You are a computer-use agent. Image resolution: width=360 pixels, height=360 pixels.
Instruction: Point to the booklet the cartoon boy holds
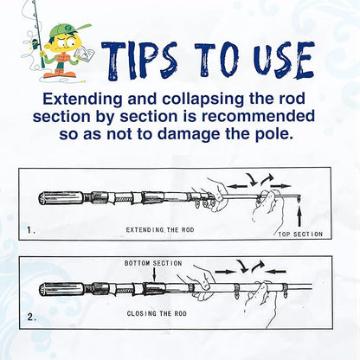(84, 55)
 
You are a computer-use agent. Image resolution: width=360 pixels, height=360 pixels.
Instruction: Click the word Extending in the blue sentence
(82, 99)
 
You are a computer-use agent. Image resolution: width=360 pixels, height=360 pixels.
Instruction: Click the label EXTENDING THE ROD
(160, 230)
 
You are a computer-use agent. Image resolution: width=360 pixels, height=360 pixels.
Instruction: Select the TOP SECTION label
(300, 235)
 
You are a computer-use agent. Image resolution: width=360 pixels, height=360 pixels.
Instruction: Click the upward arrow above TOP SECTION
(299, 215)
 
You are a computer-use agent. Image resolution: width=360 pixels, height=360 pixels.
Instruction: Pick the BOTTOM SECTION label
(153, 263)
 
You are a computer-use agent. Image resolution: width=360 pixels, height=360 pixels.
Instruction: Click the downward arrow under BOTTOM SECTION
(155, 274)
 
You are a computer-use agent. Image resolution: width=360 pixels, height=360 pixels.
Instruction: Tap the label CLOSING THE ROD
(157, 313)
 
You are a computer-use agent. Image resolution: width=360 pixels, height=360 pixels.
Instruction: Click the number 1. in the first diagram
(31, 230)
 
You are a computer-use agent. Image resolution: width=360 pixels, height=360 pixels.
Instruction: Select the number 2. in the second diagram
(32, 318)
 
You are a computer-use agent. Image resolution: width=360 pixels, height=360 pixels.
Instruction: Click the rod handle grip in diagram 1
(61, 198)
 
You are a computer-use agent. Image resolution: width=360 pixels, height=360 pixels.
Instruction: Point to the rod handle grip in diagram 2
(61, 289)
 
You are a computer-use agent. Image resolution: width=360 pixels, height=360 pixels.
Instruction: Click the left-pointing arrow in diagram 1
(237, 186)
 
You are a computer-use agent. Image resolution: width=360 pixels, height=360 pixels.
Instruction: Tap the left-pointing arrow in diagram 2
(275, 271)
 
